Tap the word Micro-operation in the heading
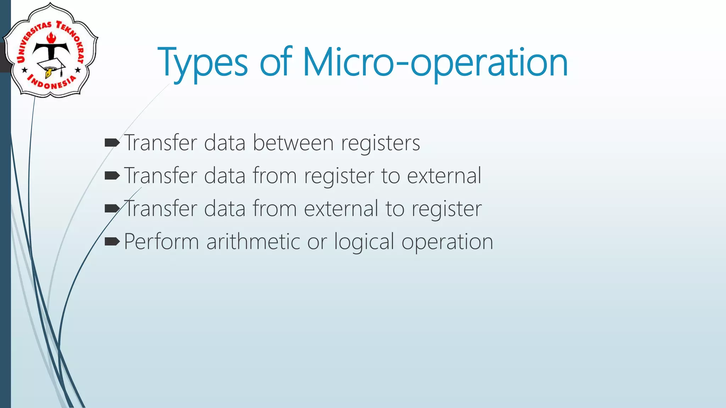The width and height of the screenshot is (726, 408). [435, 63]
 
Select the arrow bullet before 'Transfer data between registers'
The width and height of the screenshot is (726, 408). [112, 143]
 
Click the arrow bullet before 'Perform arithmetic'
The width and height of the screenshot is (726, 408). [112, 242]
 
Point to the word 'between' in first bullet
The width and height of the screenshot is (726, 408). [293, 143]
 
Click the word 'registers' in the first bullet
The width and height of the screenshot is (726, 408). [380, 144]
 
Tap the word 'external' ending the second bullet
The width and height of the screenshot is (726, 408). [444, 176]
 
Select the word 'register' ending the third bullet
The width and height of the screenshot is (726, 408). [446, 209]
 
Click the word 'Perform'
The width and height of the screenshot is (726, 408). [161, 242]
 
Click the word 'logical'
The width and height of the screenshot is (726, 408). [364, 243]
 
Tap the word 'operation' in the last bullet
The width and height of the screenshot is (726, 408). [447, 243]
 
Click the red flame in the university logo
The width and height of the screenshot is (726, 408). [51, 37]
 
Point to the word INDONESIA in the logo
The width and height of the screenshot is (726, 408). [52, 84]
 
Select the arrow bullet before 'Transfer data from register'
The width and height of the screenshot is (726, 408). [112, 176]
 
